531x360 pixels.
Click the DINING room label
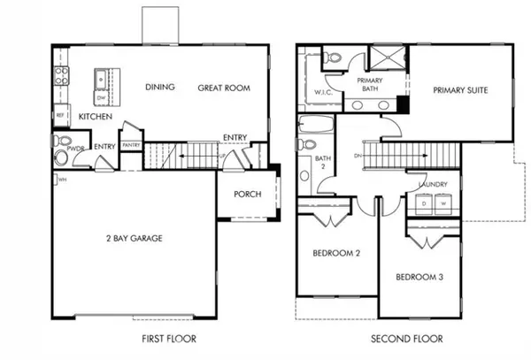tap(160, 87)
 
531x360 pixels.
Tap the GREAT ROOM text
tap(223, 88)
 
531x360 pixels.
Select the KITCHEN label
tap(95, 117)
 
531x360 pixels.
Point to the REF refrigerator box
tap(61, 115)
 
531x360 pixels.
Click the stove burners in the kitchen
tap(60, 76)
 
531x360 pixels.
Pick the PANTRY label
tap(131, 145)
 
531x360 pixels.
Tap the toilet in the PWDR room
tap(60, 157)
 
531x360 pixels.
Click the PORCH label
tap(247, 195)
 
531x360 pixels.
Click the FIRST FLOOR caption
tap(168, 339)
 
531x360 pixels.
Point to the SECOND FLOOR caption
tap(408, 339)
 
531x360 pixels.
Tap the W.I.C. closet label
tap(322, 92)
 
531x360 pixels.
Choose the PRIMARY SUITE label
tap(460, 90)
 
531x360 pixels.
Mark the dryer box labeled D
tap(424, 203)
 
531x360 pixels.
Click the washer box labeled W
tap(442, 203)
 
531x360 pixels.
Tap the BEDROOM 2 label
tap(336, 254)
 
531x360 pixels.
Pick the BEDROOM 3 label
tap(419, 277)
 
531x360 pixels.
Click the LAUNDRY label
tap(433, 184)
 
